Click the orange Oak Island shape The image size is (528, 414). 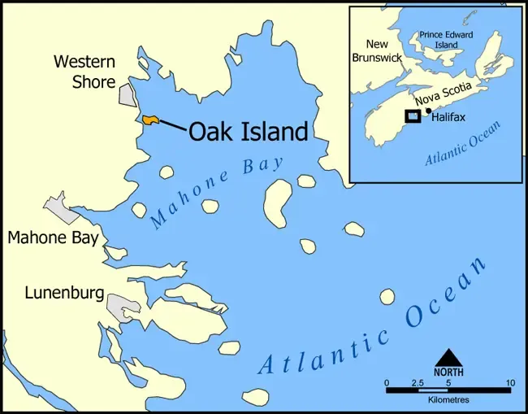click(149, 120)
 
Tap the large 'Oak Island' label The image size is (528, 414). click(249, 132)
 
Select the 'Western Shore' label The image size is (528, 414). click(84, 72)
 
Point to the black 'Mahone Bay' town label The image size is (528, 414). click(53, 238)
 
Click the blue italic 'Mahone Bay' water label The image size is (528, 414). click(217, 191)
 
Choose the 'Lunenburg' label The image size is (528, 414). click(64, 292)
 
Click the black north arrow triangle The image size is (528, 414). click(448, 358)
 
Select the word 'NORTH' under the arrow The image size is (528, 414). click(448, 372)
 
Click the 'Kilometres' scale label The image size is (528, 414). click(448, 400)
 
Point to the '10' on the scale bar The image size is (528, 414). click(509, 382)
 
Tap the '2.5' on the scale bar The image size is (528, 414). click(418, 382)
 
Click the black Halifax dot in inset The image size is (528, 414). click(428, 111)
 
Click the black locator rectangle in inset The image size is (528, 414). click(413, 115)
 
